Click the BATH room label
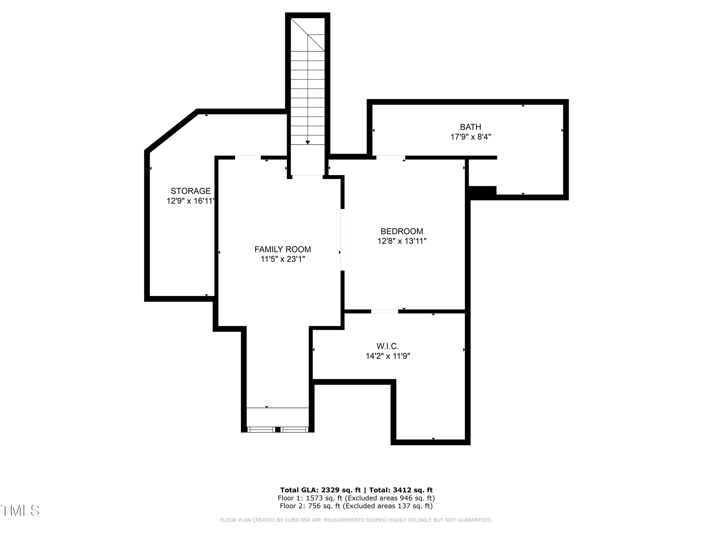click(470, 127)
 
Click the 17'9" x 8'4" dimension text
click(470, 137)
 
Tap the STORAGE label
click(191, 191)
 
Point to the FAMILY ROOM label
click(282, 249)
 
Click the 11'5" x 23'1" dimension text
click(282, 259)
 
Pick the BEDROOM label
click(402, 231)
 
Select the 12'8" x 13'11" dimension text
click(402, 241)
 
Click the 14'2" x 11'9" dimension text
click(387, 356)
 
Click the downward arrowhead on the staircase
click(308, 142)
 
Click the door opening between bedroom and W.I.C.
click(384, 311)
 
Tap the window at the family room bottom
click(278, 429)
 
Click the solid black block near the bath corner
click(482, 191)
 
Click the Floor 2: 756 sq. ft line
click(356, 506)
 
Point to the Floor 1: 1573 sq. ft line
click(356, 498)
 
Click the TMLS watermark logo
click(20, 510)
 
